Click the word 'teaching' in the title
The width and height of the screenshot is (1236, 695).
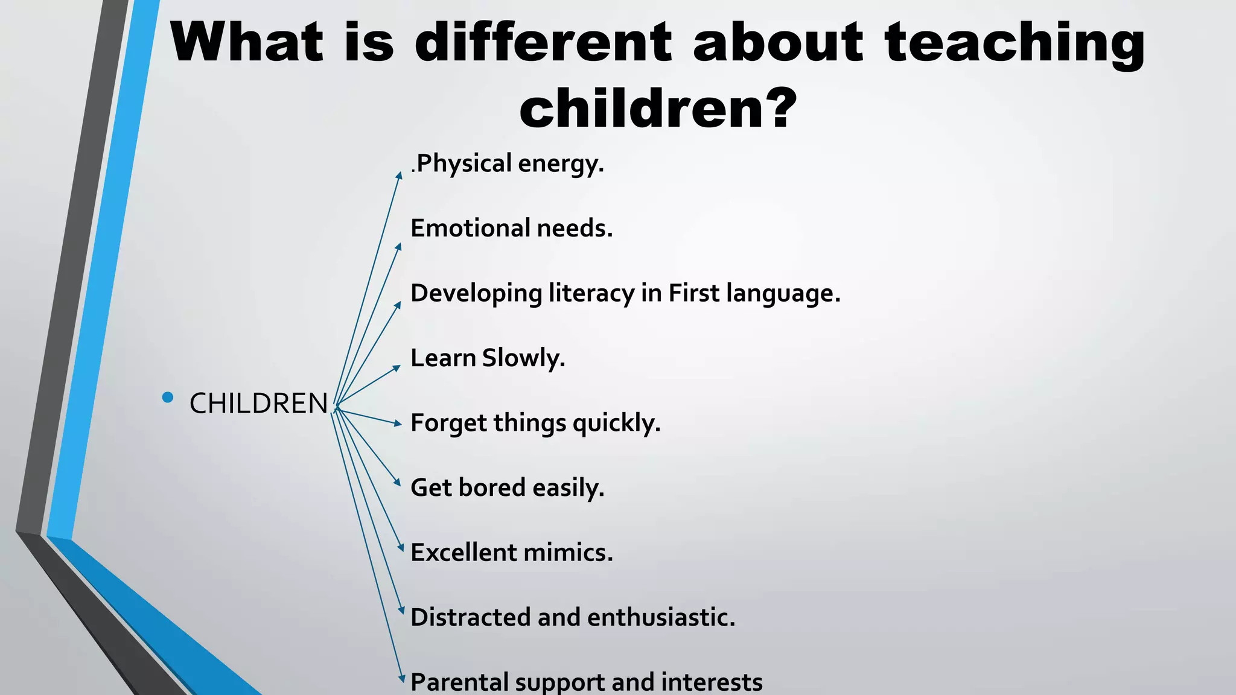pos(1014,43)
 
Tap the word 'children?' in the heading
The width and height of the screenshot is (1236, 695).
pos(658,109)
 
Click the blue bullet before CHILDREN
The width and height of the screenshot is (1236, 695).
pos(168,397)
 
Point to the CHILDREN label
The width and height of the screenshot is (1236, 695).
pos(258,403)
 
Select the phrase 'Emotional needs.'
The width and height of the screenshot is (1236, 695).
pos(511,228)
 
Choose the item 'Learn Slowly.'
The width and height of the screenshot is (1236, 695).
pos(488,358)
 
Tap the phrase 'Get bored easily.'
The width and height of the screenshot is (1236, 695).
pos(507,487)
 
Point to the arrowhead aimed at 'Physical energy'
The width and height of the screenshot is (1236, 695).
pos(399,175)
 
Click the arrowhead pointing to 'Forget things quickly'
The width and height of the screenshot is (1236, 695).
pos(398,424)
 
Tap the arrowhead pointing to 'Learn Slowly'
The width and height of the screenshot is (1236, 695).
pos(397,367)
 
